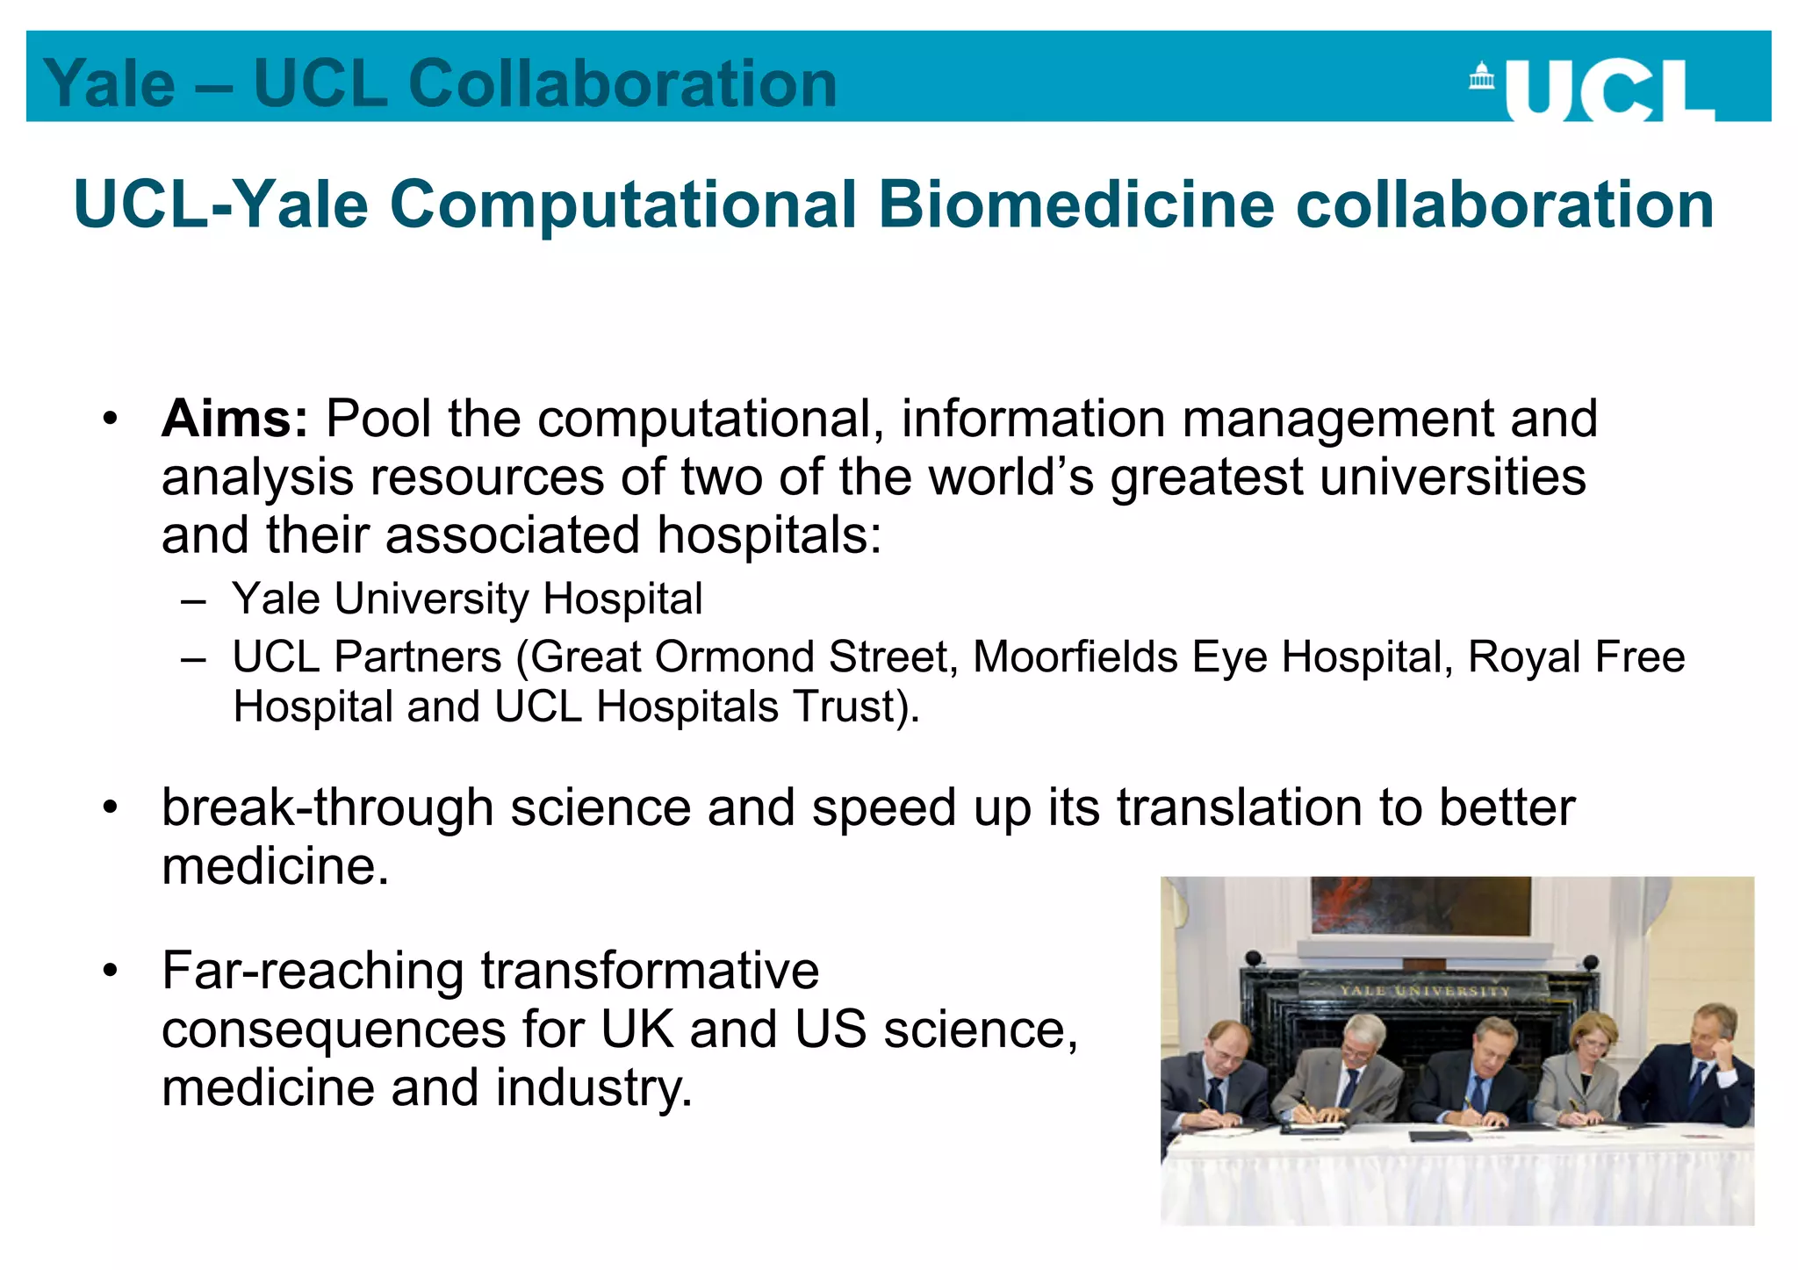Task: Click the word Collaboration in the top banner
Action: click(x=622, y=84)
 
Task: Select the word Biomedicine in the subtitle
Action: click(x=1076, y=204)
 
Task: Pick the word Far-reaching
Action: click(x=313, y=971)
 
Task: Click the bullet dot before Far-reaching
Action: click(x=109, y=971)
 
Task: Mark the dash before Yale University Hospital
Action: click(x=193, y=601)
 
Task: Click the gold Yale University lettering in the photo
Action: click(x=1424, y=991)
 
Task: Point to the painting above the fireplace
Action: click(x=1420, y=905)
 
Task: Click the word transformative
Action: click(x=650, y=971)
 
